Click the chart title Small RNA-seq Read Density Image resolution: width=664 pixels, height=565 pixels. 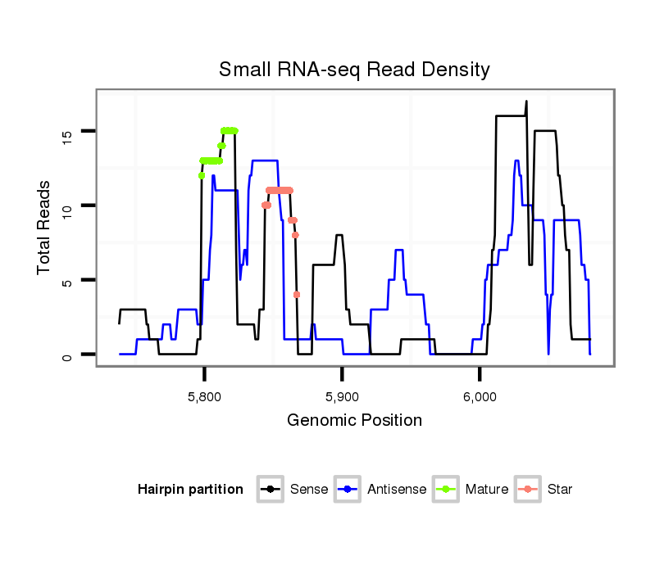click(354, 70)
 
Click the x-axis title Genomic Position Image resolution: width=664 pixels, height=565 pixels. click(354, 421)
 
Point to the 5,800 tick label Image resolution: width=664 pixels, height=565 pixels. click(204, 398)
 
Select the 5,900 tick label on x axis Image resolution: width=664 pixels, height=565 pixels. click(342, 398)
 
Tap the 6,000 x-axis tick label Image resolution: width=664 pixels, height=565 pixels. click(480, 398)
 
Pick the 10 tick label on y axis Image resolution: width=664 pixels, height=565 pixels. click(67, 206)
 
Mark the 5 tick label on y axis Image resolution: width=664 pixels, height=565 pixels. click(67, 280)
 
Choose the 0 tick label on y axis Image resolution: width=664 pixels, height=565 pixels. click(67, 355)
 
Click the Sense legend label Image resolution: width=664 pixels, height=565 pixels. click(309, 490)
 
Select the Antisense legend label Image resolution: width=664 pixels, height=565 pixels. click(396, 490)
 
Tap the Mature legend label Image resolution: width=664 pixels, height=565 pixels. click(486, 490)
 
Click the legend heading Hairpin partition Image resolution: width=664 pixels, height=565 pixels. click(190, 490)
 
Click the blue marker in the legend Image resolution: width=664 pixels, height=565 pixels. click(348, 490)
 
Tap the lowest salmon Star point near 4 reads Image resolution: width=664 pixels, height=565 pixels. click(297, 295)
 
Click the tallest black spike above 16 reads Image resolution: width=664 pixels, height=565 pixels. click(526, 102)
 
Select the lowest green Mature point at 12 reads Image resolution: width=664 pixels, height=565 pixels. click(201, 175)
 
